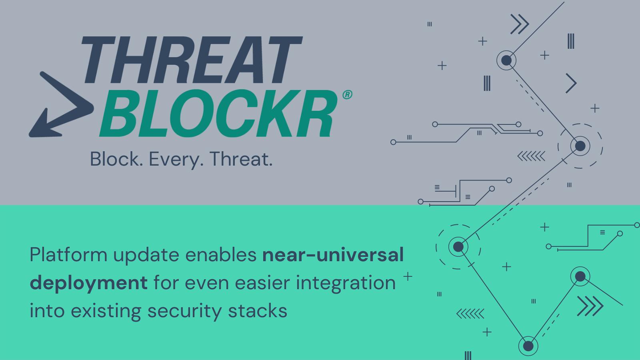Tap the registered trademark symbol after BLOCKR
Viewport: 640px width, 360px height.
coord(347,94)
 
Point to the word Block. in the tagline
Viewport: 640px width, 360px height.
coord(116,159)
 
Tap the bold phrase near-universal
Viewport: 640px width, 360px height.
coord(333,255)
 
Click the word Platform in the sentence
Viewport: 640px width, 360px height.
coord(68,255)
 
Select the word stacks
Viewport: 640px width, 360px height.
coord(258,311)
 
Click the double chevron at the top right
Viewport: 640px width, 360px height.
coord(520,24)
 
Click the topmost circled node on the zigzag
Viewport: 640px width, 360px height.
coord(506,60)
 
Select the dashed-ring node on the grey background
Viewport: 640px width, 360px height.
coord(580,146)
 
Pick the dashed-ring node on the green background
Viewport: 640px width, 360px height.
coord(458,247)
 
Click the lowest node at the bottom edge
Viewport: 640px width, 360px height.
coord(528,346)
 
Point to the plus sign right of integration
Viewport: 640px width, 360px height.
coord(408,276)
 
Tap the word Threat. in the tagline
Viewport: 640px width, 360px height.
coord(241,159)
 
